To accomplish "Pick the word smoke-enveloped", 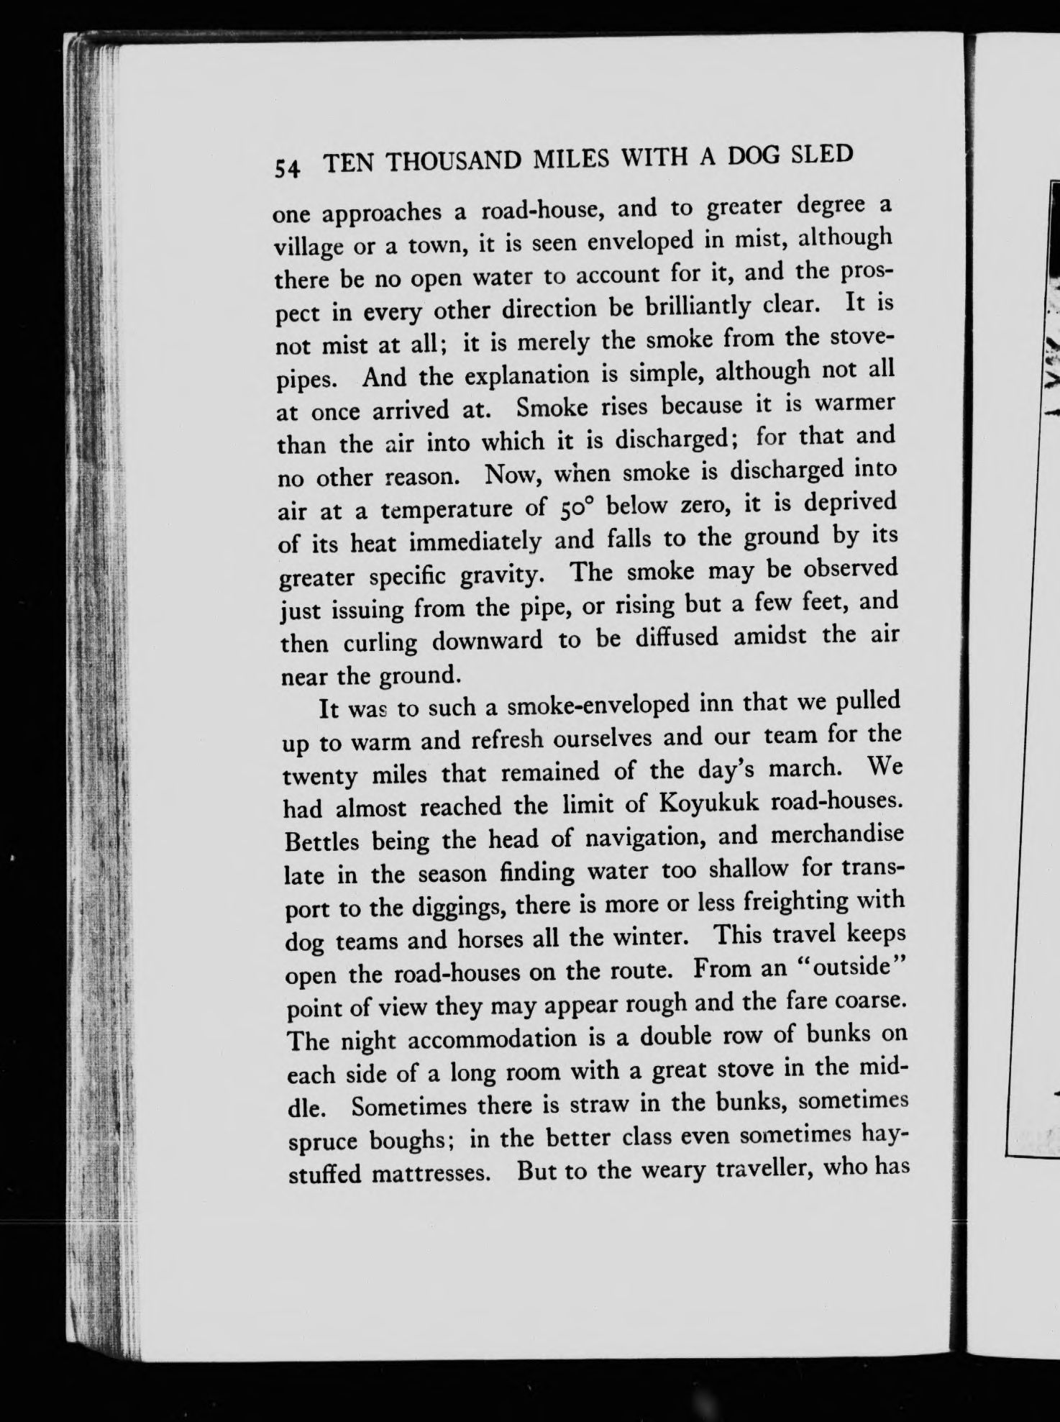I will [x=602, y=707].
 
